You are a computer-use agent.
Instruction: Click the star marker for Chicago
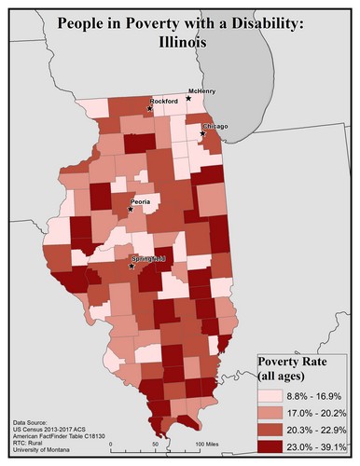(202, 133)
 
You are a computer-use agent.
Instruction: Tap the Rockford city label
(165, 101)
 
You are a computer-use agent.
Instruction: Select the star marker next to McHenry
(189, 98)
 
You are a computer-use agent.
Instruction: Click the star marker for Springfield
(132, 266)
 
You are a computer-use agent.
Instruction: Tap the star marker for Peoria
(131, 209)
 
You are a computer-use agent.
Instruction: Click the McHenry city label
(202, 91)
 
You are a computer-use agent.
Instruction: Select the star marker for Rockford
(148, 108)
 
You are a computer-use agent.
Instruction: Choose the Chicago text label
(215, 127)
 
